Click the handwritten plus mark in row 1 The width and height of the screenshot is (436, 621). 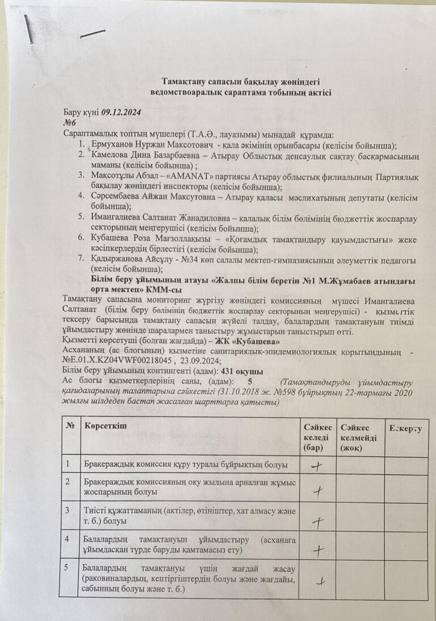tap(316, 466)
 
